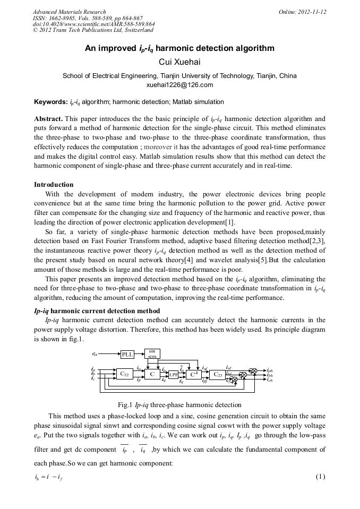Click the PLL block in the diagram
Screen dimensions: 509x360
click(x=127, y=354)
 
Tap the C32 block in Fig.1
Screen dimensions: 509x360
click(x=125, y=374)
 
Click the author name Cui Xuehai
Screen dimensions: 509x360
click(x=179, y=62)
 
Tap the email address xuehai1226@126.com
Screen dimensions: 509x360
click(x=179, y=85)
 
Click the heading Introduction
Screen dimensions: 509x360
click(x=54, y=185)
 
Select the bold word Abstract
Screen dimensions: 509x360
click(x=48, y=118)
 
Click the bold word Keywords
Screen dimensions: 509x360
click(x=49, y=102)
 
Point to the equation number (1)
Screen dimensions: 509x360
click(x=320, y=476)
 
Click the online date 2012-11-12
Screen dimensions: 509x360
click(x=311, y=12)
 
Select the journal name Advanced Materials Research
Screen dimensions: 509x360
click(x=69, y=12)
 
